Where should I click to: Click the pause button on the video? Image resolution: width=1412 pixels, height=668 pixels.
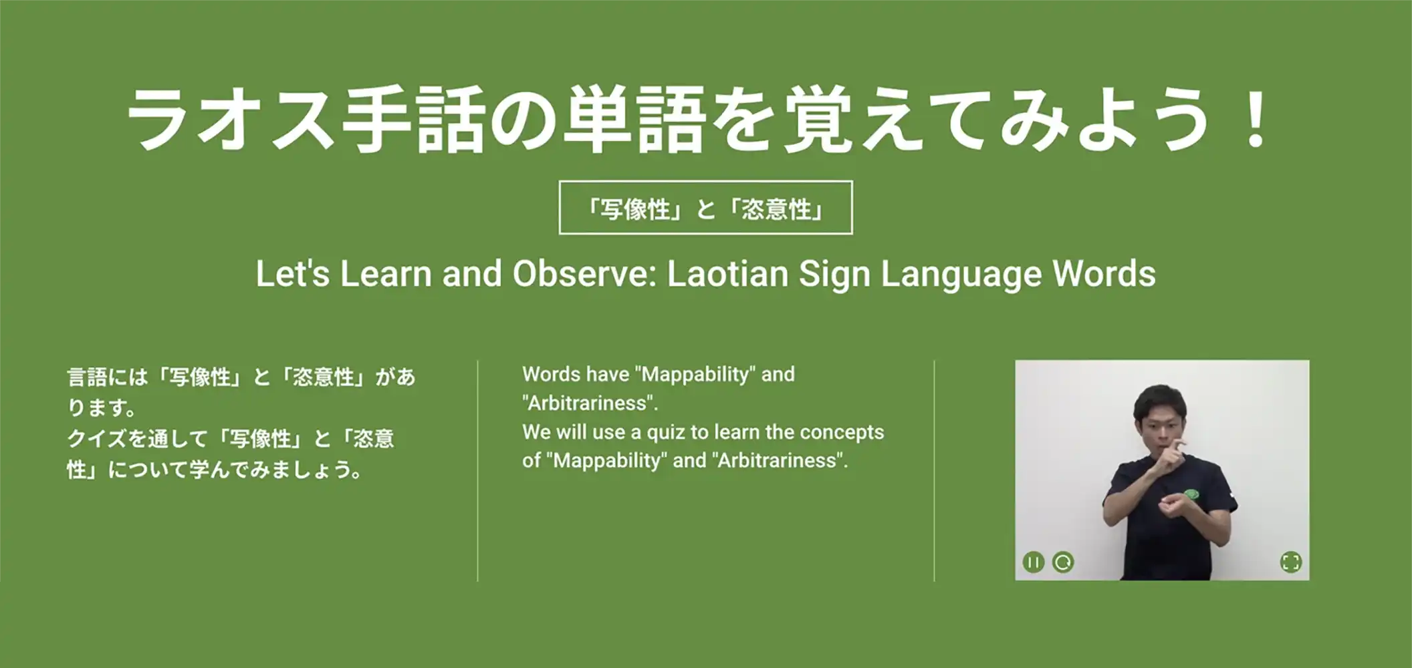click(x=1033, y=562)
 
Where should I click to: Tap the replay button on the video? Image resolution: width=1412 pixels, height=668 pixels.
click(x=1063, y=562)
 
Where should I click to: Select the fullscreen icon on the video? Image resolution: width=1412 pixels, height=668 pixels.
click(x=1291, y=562)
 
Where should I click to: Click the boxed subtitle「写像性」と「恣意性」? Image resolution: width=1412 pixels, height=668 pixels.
click(x=705, y=208)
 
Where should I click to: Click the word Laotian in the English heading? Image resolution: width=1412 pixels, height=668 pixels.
click(x=727, y=274)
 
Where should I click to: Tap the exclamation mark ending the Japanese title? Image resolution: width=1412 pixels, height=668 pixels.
click(x=1254, y=118)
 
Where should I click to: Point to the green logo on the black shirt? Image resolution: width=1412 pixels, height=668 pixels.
click(x=1191, y=494)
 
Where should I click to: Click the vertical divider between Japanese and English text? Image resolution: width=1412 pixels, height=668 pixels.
click(x=477, y=471)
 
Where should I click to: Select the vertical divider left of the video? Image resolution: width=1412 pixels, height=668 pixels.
click(x=934, y=471)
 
